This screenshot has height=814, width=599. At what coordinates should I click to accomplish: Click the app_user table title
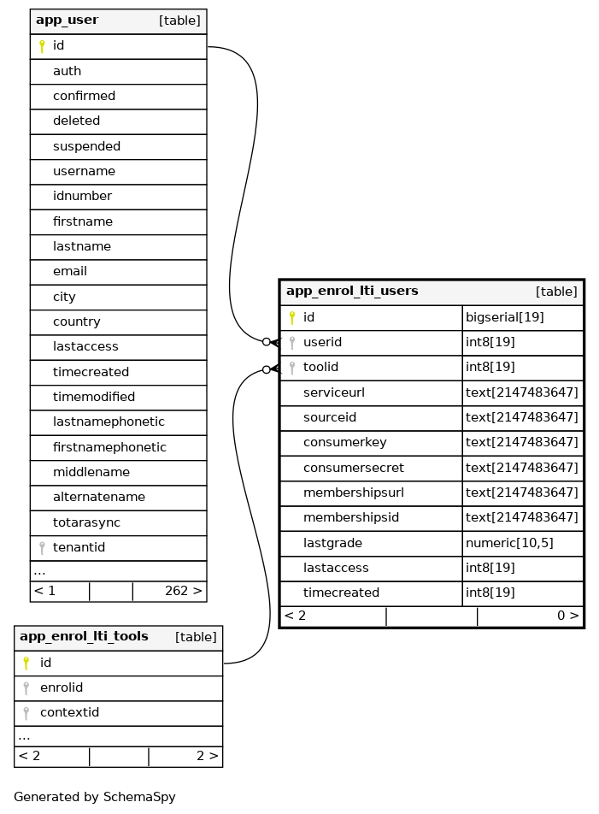point(67,21)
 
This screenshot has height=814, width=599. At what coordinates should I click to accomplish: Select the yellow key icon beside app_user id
point(41,46)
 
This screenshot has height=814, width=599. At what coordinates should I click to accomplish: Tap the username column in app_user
point(84,171)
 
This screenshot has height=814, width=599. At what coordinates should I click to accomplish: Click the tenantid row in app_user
point(79,547)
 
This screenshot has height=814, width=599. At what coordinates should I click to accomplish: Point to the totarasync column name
point(86,522)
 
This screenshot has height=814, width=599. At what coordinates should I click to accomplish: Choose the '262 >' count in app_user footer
point(183,591)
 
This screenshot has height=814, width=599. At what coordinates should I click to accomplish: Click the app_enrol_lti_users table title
point(352,292)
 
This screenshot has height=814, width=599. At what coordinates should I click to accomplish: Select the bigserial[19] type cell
point(504,317)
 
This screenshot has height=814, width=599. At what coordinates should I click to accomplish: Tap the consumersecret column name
point(353,468)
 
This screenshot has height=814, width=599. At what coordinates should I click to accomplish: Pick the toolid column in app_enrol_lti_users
point(320,367)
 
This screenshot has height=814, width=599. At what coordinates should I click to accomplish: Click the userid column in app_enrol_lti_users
point(322,342)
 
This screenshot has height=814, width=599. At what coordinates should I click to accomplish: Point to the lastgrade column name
point(332,543)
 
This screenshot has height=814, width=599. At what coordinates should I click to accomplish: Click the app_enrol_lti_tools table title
point(84,637)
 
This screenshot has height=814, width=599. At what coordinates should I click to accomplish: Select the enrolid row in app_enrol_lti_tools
point(62,687)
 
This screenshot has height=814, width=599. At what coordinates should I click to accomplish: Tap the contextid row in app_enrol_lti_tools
point(69,712)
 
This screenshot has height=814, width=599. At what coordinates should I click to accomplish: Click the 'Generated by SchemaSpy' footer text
point(95,797)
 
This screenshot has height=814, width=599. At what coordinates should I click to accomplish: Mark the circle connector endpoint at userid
point(267,342)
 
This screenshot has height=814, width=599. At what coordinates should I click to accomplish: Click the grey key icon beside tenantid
point(41,547)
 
